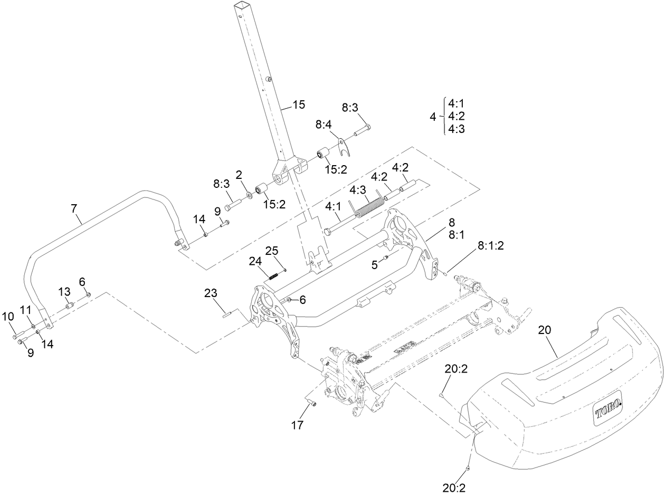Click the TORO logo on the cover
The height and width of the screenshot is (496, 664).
(x=608, y=407)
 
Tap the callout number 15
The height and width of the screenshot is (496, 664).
(x=298, y=104)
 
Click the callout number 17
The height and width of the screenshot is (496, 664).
(x=298, y=425)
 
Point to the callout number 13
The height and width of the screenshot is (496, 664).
(x=64, y=292)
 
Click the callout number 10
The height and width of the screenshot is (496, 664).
(x=8, y=316)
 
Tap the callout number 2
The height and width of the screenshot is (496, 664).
(x=238, y=174)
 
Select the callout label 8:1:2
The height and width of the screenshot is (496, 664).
(x=491, y=245)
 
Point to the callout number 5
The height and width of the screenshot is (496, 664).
(x=374, y=265)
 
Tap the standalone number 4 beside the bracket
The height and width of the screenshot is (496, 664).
(x=433, y=117)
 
